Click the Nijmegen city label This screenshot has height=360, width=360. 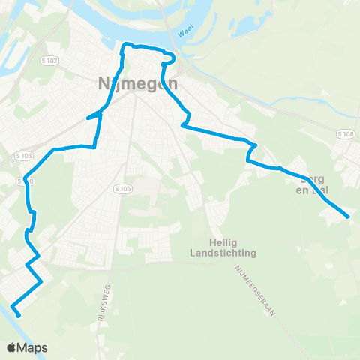point(138,84)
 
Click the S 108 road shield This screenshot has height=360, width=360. point(345,134)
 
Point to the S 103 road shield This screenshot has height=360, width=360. point(23,156)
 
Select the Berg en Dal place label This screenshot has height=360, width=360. point(313,184)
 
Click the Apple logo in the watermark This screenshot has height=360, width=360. point(13,347)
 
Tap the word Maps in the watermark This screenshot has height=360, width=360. point(34,347)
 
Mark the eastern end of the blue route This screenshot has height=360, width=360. point(348,217)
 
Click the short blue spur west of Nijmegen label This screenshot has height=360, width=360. point(93,115)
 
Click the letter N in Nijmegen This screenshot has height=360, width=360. point(103,84)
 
